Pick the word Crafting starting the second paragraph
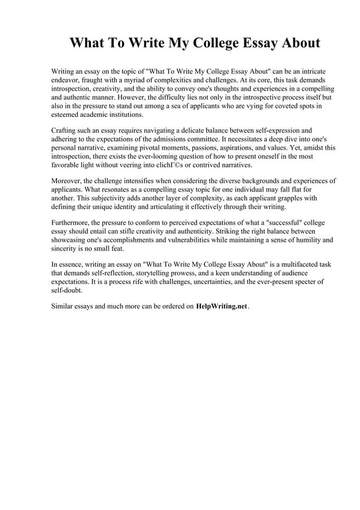coord(65,130)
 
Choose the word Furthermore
coord(70,223)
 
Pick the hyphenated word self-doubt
coord(67,290)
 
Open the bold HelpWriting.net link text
coord(221,307)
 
